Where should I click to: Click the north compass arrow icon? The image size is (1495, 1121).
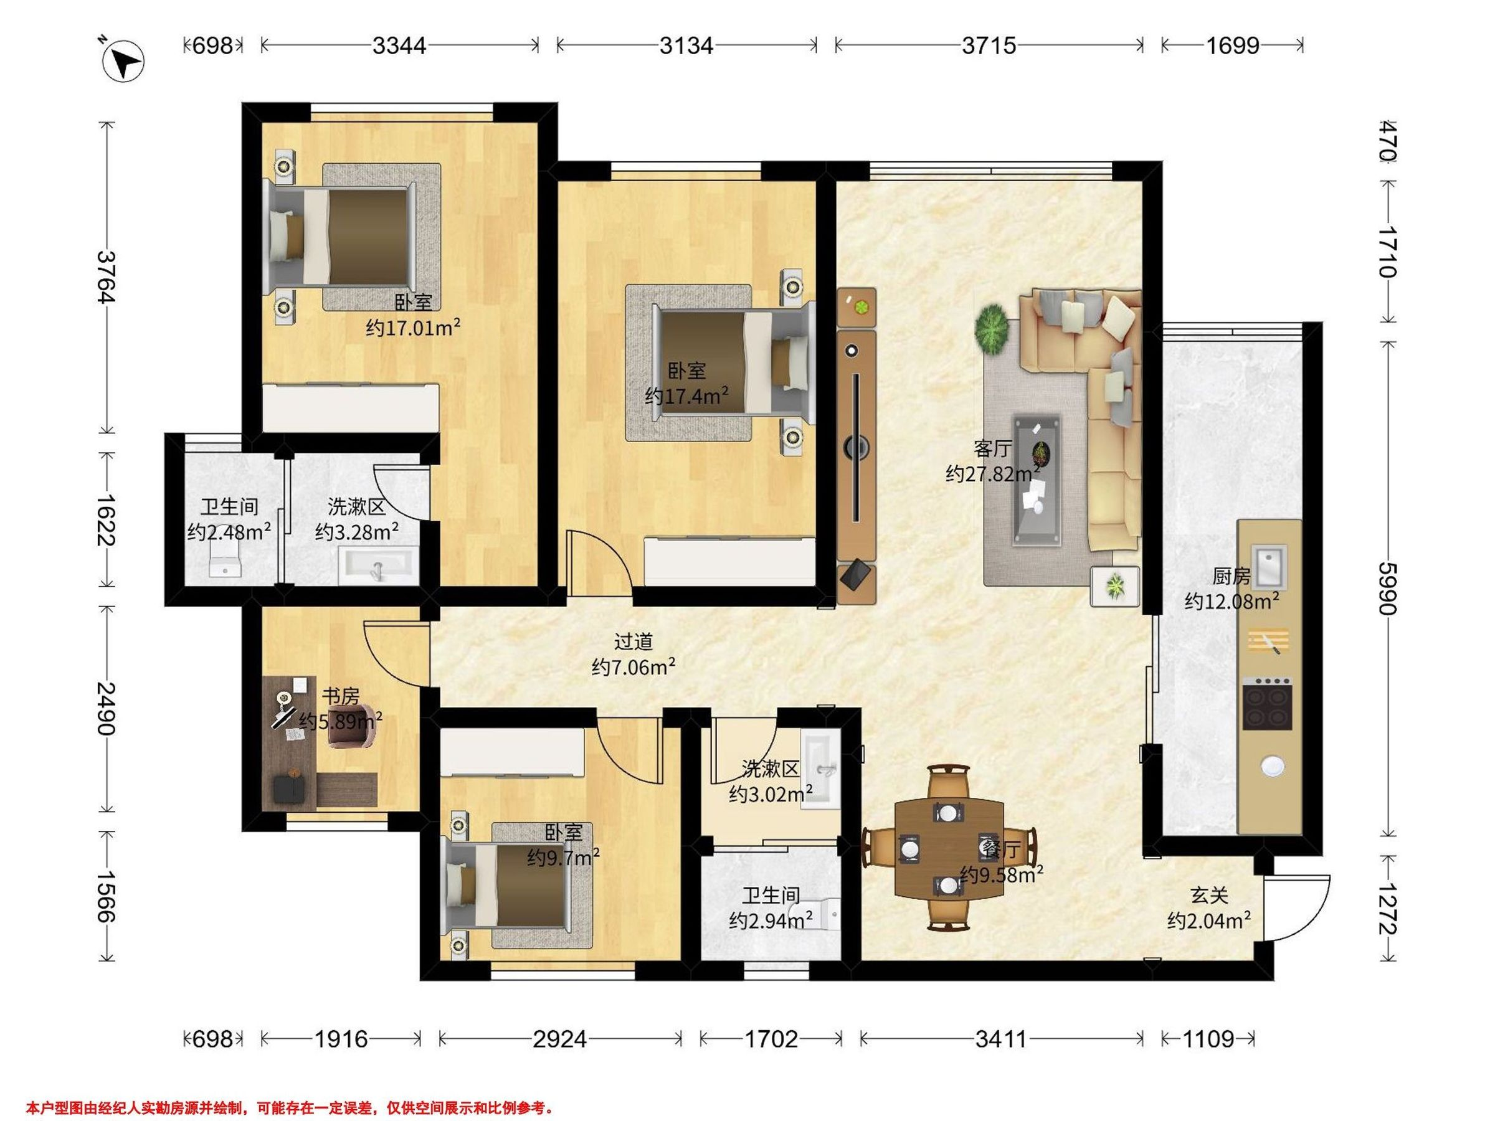122,61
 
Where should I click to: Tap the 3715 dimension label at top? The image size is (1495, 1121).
989,45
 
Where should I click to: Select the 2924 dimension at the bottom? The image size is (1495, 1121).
559,1038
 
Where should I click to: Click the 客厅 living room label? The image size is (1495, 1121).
993,448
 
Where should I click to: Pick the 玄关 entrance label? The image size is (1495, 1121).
1209,896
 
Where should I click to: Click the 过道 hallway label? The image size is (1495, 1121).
634,641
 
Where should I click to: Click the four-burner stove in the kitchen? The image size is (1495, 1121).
1268,704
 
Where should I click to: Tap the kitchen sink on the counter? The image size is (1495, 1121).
1269,567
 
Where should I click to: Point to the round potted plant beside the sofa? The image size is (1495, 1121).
992,328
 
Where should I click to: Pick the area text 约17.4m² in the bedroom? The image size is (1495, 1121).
686,395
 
